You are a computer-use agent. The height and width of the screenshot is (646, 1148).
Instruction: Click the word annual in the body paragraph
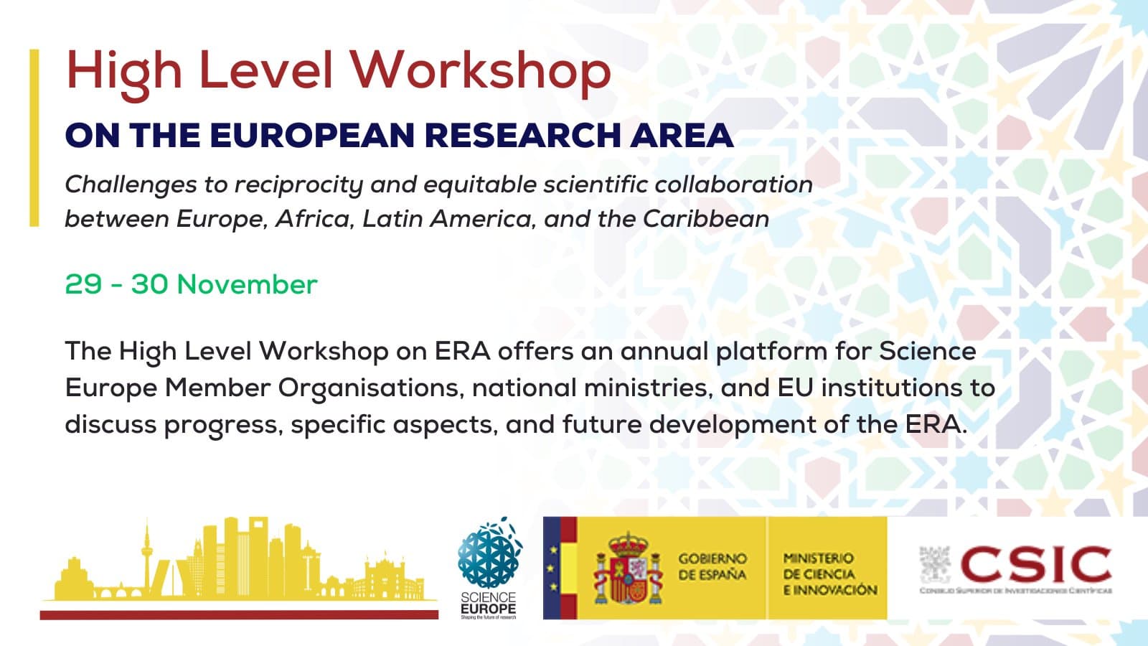(664, 351)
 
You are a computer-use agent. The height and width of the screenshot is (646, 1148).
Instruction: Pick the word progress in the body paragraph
(223, 425)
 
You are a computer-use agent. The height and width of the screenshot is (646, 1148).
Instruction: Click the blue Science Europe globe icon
(490, 553)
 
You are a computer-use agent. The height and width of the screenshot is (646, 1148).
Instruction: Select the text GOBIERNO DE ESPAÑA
(712, 566)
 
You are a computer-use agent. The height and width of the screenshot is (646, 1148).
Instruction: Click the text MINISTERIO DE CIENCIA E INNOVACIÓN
(829, 574)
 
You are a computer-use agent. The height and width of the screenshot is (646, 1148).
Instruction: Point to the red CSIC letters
(1035, 564)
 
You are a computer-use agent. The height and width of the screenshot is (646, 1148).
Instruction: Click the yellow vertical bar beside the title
(34, 138)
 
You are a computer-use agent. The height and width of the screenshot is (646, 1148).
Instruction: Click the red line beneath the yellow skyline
(239, 614)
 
